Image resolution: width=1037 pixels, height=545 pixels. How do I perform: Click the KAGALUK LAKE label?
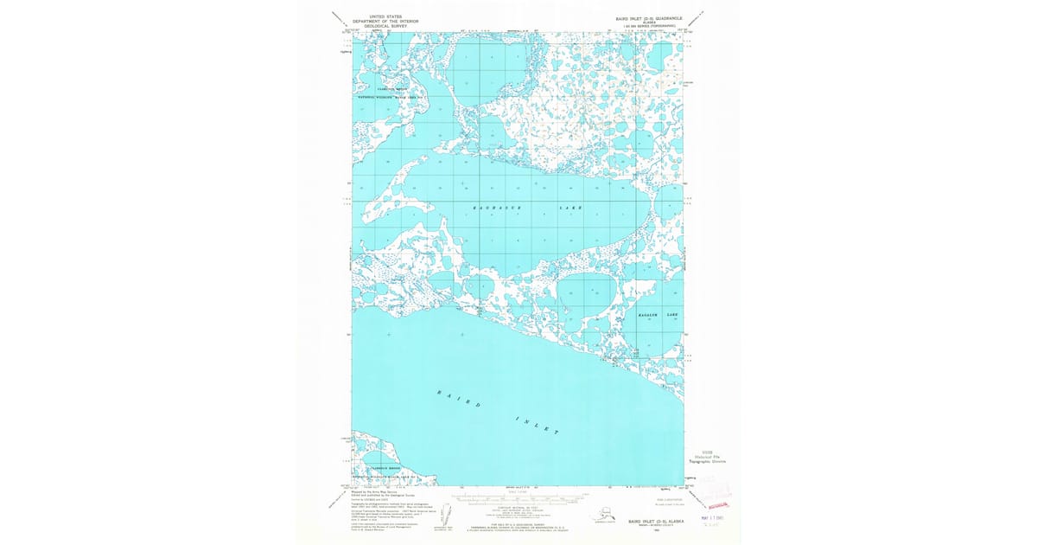(658, 315)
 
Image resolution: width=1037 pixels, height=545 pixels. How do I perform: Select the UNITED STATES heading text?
(385, 16)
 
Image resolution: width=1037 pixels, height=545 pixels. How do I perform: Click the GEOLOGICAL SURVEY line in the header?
(385, 25)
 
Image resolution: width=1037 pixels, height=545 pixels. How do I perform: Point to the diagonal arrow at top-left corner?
(339, 16)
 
